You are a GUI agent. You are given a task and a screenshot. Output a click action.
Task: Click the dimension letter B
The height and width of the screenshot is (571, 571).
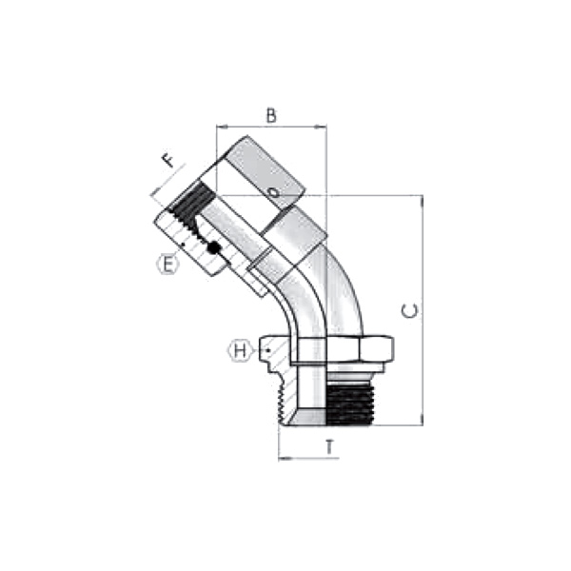[x=271, y=116]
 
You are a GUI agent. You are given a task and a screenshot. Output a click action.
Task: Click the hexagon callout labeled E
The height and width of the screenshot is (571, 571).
[x=167, y=264]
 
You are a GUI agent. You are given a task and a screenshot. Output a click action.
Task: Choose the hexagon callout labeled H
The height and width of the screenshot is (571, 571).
[x=241, y=350]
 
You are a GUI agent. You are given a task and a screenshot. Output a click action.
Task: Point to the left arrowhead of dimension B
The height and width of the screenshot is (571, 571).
[x=221, y=126]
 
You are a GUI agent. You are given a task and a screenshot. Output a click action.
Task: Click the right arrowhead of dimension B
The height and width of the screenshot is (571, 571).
[x=323, y=126]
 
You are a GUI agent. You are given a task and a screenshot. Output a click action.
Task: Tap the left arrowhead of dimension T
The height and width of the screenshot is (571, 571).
[x=283, y=458]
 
